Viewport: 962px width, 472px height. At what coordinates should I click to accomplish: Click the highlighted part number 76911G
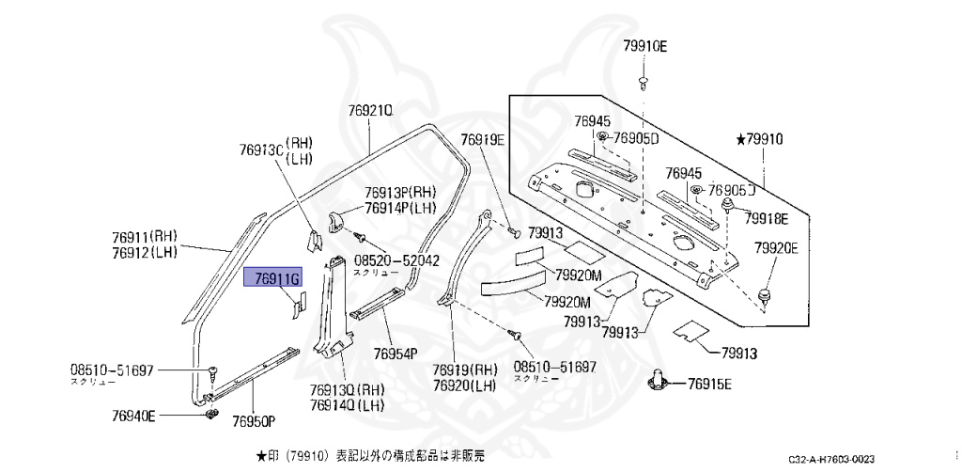271,278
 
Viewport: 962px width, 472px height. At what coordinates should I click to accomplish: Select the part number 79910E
644,45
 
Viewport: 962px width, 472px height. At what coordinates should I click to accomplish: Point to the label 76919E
483,140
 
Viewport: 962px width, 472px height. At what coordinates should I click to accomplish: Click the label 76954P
395,354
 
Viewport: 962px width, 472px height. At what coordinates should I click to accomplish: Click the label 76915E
709,384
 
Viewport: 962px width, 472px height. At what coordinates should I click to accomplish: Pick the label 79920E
776,248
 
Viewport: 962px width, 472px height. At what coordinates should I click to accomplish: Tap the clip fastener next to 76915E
659,381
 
